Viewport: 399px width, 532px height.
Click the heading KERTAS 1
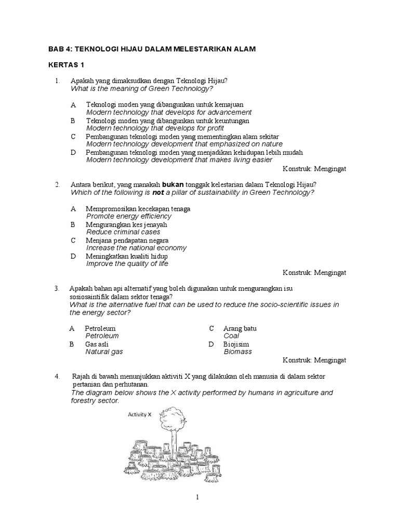66,66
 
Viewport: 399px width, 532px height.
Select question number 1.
57,81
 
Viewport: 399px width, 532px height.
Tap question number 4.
57,376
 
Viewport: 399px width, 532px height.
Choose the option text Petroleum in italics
102,336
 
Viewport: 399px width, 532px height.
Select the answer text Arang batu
240,328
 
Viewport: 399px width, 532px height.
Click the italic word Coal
231,336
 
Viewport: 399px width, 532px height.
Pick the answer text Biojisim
236,344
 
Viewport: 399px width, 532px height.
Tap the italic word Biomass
237,352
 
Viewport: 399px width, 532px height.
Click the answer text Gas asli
97,344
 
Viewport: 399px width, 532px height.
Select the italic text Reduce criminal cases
123,232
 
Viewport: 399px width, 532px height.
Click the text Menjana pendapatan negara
127,241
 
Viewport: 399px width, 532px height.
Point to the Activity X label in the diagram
140,415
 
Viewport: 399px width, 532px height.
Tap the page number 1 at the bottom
197,497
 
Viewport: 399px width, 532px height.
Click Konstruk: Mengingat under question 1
314,169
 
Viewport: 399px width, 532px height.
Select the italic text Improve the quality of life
127,264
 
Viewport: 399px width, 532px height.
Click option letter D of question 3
211,344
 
